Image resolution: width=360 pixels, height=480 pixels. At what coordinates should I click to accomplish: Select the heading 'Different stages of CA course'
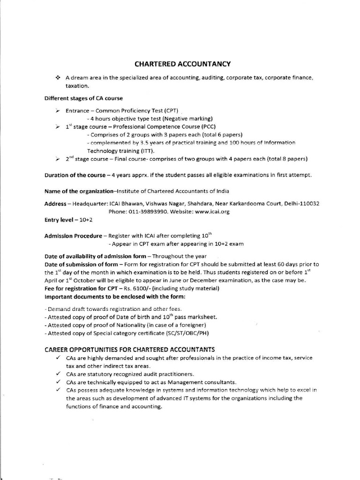click(x=83, y=98)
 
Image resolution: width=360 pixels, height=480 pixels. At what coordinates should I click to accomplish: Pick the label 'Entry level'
click(x=60, y=220)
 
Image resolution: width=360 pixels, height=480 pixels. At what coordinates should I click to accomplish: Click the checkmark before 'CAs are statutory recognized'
click(x=57, y=374)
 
